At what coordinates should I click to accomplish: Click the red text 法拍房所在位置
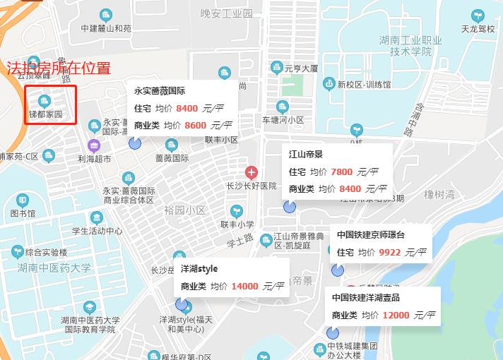[x=59, y=68]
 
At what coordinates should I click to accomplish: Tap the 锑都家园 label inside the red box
[x=46, y=114]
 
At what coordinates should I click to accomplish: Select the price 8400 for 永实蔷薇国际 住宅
[x=187, y=108]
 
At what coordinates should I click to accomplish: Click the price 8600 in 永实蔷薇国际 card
[x=196, y=125]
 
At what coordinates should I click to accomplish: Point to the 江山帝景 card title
[x=306, y=154]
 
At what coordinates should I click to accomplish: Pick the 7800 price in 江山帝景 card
[x=341, y=172]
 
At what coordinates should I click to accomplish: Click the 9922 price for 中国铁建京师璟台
[x=389, y=252]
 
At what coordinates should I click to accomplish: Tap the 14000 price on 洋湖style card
[x=244, y=286]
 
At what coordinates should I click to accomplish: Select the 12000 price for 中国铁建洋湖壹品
[x=396, y=315]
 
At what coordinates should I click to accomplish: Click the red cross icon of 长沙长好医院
[x=251, y=172]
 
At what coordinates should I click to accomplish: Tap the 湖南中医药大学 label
[x=54, y=268]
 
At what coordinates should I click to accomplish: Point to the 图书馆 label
[x=23, y=214]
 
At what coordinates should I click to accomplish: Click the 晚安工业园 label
[x=226, y=13]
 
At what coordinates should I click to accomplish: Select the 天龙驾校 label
[x=478, y=29]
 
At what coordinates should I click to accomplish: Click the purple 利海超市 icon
[x=93, y=146]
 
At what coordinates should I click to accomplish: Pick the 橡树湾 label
[x=439, y=195]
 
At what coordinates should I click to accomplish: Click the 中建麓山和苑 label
[x=106, y=29]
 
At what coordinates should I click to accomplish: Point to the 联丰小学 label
[x=237, y=224]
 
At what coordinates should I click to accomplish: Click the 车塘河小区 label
[x=283, y=120]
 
